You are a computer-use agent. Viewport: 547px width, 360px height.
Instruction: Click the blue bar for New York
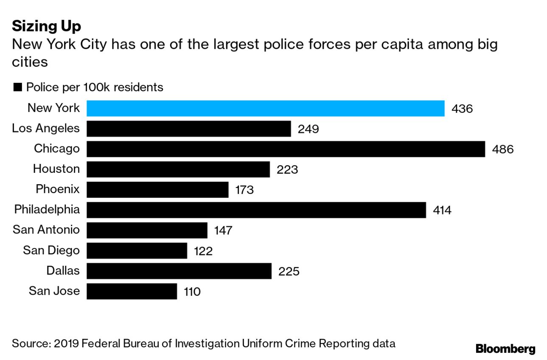coord(266,108)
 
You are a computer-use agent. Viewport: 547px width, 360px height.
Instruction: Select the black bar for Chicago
coord(286,149)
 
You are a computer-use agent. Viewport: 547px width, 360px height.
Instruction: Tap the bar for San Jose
coord(132,291)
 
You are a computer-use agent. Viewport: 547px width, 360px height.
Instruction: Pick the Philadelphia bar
coord(256,210)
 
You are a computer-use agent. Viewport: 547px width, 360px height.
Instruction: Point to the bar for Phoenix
coord(157,189)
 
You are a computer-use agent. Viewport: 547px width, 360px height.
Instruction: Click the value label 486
coord(502,149)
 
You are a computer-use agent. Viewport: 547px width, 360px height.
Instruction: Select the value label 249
coord(308,129)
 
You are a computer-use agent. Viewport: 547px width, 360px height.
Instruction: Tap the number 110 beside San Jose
coord(192,292)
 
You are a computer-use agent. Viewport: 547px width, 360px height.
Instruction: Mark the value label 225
coord(289,271)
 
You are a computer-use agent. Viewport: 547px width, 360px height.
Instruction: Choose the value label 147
coord(223,231)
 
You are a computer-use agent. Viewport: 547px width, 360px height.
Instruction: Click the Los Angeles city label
coord(46,128)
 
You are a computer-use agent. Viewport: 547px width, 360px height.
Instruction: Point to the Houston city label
coord(56,169)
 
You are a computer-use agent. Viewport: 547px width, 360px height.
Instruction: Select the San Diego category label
coord(51,250)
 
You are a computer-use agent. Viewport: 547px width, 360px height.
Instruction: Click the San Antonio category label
coord(46,230)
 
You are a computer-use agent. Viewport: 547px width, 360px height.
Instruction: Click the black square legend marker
coord(18,87)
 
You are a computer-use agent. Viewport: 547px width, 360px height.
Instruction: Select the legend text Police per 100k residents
coord(95,87)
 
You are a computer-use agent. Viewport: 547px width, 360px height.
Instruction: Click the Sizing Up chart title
coord(47,26)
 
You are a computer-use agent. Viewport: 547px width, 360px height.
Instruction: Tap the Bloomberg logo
coord(505,349)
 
